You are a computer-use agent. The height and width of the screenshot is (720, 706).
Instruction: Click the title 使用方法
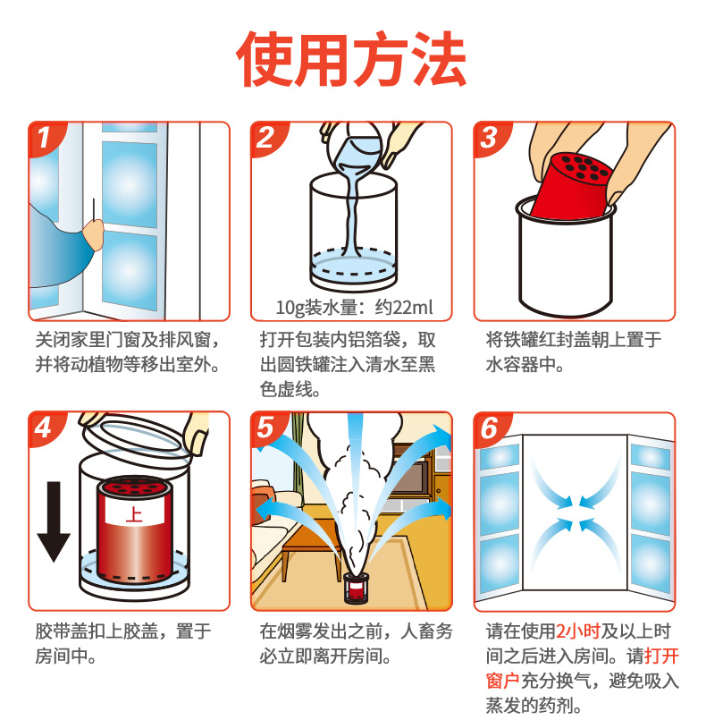[352, 59]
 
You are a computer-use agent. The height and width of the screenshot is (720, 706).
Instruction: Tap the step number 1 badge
[44, 137]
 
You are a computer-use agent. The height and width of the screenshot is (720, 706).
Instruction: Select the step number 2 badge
[266, 137]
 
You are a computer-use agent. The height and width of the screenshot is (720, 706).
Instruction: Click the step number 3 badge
[489, 137]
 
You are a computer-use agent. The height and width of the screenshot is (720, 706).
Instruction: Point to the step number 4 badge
[44, 428]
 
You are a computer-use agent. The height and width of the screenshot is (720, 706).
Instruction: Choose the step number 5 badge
[266, 428]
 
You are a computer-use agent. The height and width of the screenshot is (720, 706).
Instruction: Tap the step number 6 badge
[489, 428]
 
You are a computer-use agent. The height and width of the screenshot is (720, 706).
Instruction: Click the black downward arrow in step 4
[55, 521]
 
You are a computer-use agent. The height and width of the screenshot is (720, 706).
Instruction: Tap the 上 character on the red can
[134, 513]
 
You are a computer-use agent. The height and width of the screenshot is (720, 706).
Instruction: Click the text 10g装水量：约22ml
[354, 307]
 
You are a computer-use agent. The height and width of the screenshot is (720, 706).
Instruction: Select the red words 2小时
[578, 631]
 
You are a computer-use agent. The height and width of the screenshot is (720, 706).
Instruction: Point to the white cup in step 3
[566, 258]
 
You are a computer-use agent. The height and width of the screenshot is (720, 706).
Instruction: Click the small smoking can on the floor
[356, 588]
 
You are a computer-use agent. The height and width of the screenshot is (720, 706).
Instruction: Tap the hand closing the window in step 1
[94, 234]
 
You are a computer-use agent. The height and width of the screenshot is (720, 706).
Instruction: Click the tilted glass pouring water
[354, 149]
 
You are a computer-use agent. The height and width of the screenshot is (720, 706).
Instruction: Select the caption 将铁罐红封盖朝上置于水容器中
[574, 352]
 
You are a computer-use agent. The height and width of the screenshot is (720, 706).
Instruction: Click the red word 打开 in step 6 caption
[661, 656]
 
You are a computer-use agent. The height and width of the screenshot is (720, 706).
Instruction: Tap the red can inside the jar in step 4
[135, 529]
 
